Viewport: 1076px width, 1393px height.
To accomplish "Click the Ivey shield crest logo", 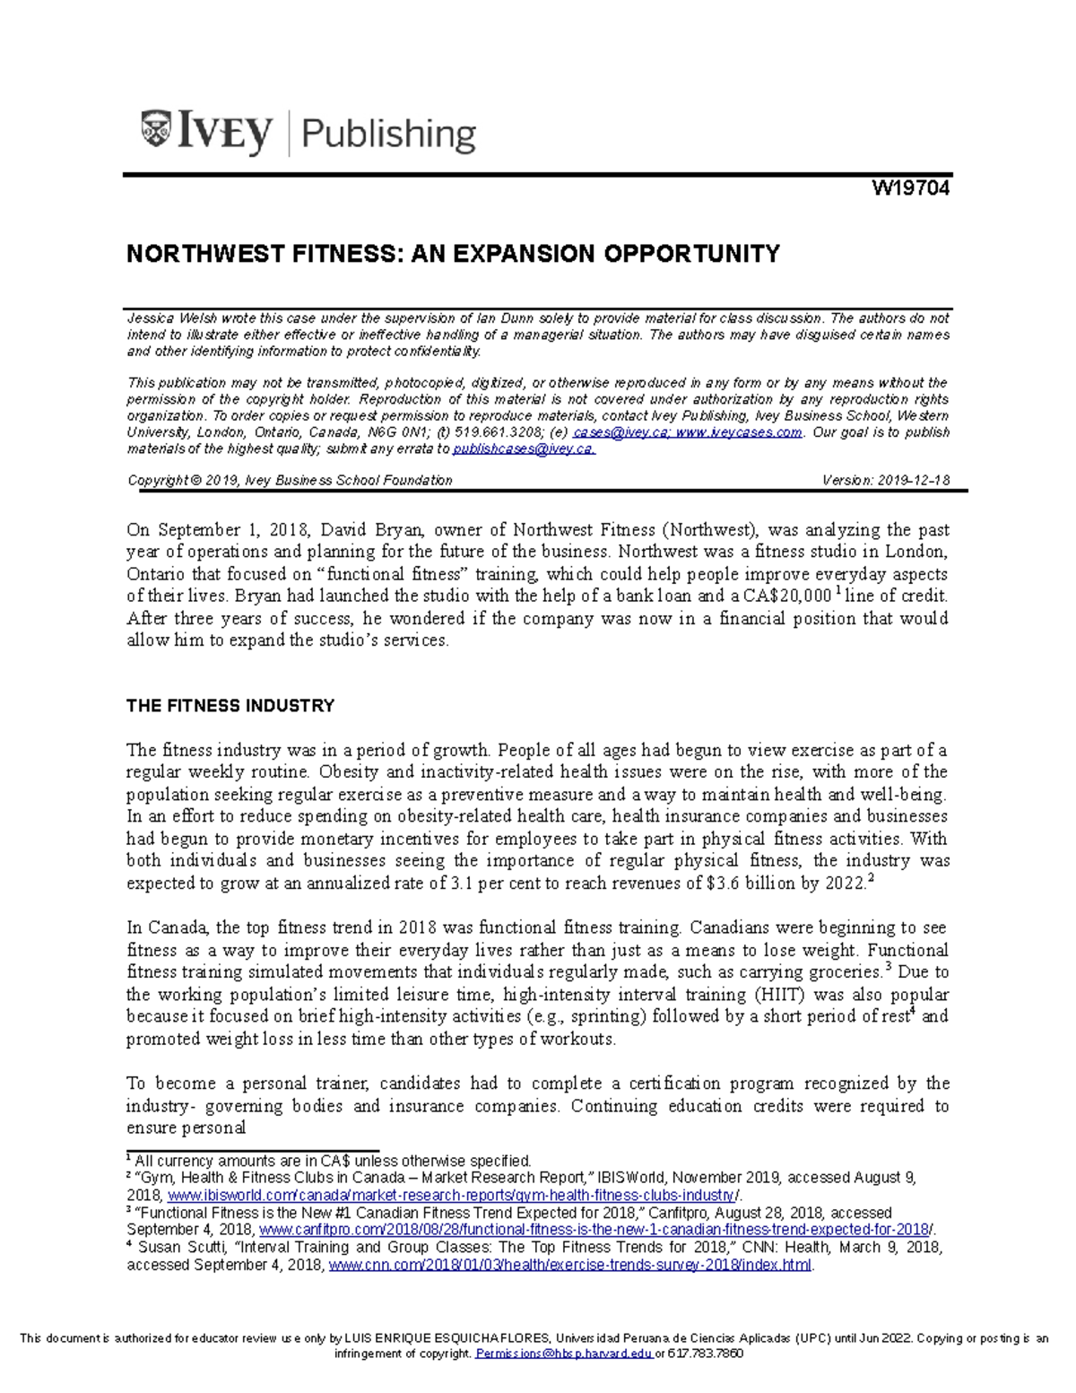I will pos(157,128).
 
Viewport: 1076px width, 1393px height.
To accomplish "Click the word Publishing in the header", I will pos(388,135).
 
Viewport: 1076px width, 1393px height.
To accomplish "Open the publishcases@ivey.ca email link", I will pos(523,449).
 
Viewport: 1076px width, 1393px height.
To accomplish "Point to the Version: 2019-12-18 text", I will pos(885,481).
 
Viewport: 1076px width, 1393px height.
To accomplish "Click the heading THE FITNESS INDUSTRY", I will pos(230,706).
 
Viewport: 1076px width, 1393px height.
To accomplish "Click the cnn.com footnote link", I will pos(570,1265).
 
